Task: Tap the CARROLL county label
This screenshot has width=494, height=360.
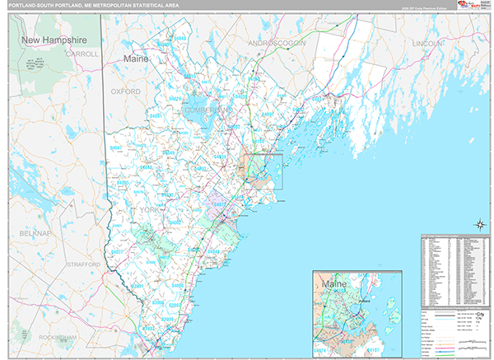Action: (x=82, y=54)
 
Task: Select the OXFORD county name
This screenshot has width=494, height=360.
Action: (x=126, y=91)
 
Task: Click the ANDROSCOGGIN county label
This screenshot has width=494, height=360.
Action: (x=276, y=42)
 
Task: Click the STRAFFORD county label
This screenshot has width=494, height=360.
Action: (x=82, y=264)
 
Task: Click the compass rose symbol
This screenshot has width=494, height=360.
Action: (x=478, y=224)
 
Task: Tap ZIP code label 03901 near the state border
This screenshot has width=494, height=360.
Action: (x=135, y=287)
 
